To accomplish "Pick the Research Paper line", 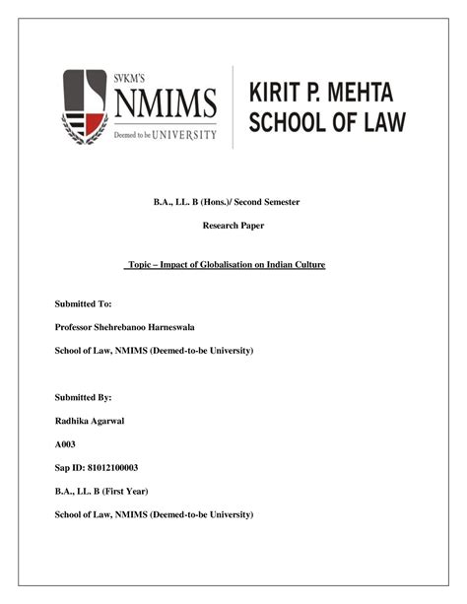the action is click(233, 227).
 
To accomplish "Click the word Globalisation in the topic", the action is click(233, 265).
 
